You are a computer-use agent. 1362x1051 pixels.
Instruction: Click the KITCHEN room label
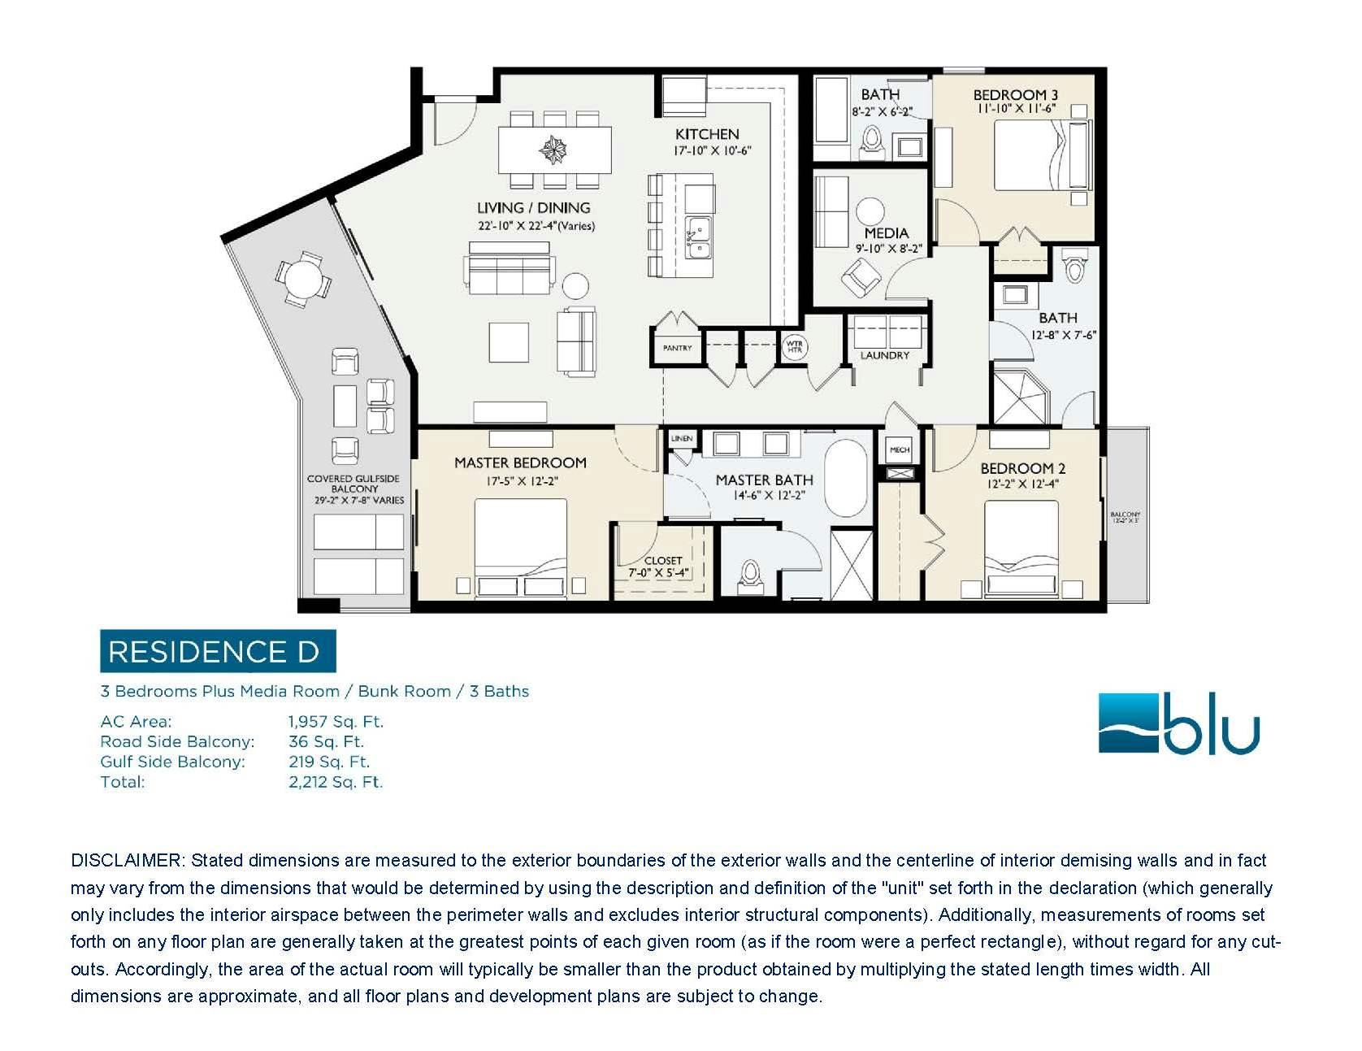(706, 134)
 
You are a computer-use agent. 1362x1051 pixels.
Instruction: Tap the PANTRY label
(677, 348)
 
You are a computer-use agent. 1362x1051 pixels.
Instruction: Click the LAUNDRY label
(885, 355)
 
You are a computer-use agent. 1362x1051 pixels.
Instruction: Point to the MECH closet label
(900, 449)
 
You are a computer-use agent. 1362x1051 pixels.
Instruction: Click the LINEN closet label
(682, 439)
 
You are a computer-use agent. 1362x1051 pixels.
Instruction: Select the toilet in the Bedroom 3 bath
(873, 141)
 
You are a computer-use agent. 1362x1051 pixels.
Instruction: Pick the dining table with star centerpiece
(555, 150)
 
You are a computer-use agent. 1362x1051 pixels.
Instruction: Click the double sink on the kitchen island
(698, 237)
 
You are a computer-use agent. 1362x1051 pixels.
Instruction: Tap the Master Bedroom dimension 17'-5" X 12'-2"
(520, 481)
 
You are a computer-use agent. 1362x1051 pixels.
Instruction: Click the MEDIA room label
(886, 233)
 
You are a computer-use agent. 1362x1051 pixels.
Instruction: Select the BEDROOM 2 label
(1022, 468)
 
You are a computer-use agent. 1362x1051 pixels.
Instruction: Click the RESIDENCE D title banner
(217, 651)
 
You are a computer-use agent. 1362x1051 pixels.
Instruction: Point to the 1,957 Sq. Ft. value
(336, 722)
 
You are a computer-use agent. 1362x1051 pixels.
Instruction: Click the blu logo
(1178, 723)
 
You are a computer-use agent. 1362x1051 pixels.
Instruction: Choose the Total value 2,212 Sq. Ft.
(336, 782)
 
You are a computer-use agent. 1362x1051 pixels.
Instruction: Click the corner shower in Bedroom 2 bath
(1022, 396)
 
